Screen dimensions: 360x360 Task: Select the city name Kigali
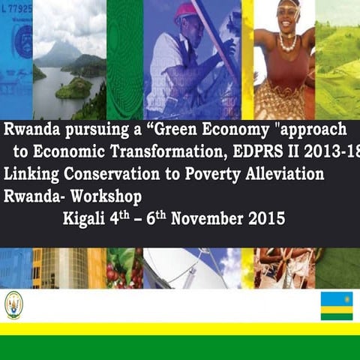pyautogui.click(x=85, y=220)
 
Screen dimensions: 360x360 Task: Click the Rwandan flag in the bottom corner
pyautogui.click(x=337, y=305)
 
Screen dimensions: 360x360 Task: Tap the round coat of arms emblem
pyautogui.click(x=13, y=304)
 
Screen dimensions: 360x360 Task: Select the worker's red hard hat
pyautogui.click(x=185, y=11)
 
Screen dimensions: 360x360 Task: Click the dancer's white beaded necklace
pyautogui.click(x=287, y=43)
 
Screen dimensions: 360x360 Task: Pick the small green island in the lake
pyautogui.click(x=73, y=88)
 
